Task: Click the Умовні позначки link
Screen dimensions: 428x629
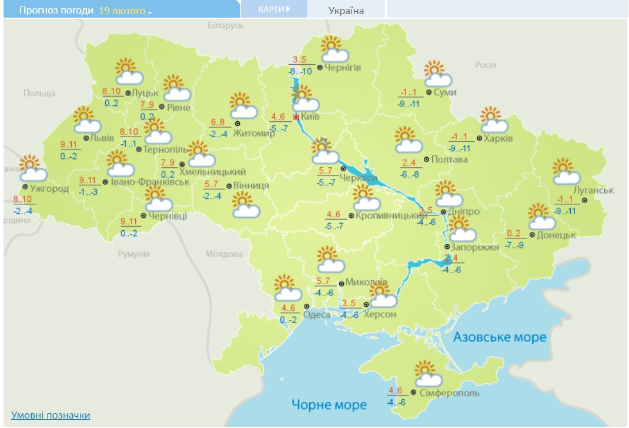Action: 51,415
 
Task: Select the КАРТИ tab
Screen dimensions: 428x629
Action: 273,9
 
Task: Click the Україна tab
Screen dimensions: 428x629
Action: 346,11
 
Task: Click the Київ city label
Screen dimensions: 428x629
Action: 310,117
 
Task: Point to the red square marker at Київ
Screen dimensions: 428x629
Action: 296,117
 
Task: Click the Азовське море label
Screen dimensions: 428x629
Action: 500,337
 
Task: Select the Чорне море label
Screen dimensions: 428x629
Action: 330,404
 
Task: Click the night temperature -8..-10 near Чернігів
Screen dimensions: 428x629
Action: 300,71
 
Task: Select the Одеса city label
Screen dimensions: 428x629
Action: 317,315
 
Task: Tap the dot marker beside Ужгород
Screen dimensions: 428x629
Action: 25,187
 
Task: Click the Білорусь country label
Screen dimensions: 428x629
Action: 225,26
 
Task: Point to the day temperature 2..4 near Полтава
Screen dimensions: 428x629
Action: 409,163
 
